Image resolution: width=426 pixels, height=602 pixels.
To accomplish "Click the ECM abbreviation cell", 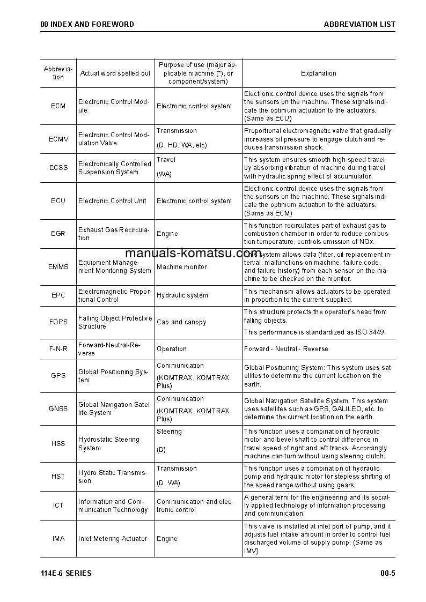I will click(58, 106).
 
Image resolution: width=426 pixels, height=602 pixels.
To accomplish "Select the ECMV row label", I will click(58, 139).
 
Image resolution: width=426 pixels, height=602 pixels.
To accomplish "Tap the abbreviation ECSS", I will click(58, 168).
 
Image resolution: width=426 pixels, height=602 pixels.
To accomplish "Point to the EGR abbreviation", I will click(58, 234).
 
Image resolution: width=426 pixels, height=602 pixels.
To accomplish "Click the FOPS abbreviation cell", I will click(58, 322).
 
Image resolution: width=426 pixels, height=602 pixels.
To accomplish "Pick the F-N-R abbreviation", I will click(58, 349).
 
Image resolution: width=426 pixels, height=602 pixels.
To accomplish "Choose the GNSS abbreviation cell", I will click(58, 408).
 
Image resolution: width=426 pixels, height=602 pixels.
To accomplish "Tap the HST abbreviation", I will click(58, 476).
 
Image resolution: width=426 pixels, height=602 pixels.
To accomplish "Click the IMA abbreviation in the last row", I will click(58, 539).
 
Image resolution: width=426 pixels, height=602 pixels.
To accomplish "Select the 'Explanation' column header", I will click(318, 73).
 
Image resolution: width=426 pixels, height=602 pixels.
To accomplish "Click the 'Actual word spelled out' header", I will click(115, 73).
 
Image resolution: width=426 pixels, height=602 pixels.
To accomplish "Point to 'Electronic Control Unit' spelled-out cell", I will click(112, 201).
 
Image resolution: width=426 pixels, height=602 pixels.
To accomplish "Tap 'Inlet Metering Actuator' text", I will click(113, 539).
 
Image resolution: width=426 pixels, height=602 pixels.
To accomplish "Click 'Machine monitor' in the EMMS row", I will click(181, 267).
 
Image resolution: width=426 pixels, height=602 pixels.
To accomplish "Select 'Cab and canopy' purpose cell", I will click(181, 322).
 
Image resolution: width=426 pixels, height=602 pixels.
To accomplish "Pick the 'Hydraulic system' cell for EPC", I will click(182, 295).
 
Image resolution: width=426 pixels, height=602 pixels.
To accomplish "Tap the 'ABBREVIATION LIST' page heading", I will click(359, 24).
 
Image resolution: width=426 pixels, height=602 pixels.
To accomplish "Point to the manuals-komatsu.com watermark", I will click(193, 254).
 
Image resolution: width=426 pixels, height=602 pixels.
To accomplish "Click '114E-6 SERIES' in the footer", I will click(66, 573).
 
